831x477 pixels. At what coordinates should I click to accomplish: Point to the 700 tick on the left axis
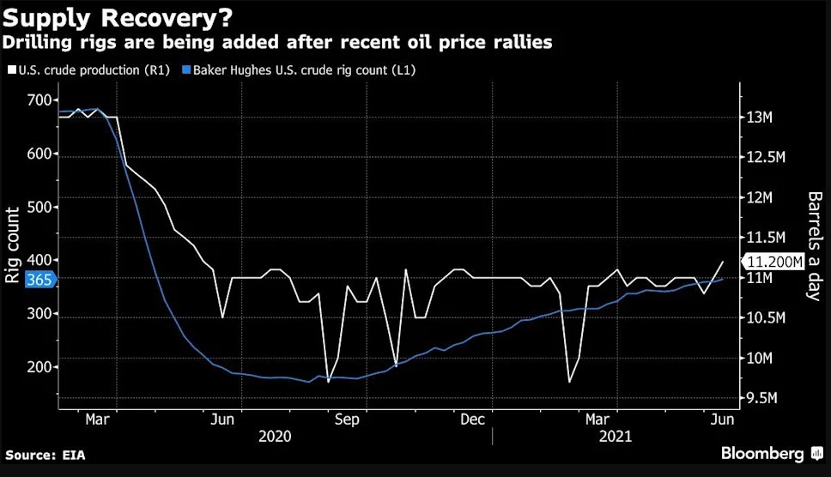coord(39,101)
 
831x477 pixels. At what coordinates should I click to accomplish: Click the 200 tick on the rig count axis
coord(39,367)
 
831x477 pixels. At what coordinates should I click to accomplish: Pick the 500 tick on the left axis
coord(39,208)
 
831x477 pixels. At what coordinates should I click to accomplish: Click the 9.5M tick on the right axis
coord(766,399)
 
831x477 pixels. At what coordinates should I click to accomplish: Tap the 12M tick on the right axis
coord(762,198)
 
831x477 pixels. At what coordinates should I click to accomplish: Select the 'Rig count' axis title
coord(14,245)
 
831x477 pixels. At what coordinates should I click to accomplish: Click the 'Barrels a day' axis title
coord(814,245)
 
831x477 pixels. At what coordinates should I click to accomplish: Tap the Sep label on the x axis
coord(347,420)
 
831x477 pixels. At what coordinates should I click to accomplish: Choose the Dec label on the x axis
coord(471,420)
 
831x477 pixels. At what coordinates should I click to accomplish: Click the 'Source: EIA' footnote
coord(45,456)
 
